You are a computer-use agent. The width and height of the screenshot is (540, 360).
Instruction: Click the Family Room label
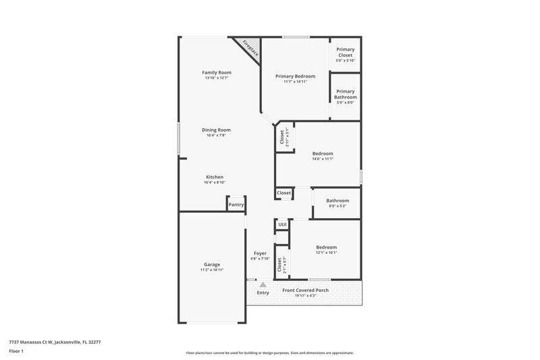point(217,72)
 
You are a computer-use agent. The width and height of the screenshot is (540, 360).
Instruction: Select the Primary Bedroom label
point(295,76)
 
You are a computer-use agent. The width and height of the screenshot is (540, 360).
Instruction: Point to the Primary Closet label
point(345,52)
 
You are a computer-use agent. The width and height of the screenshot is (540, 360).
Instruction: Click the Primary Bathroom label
point(345,94)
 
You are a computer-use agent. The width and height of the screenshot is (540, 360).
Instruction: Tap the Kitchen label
point(214,177)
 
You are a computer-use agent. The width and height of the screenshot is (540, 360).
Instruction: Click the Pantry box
point(236,205)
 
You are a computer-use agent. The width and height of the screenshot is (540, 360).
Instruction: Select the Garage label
point(212,264)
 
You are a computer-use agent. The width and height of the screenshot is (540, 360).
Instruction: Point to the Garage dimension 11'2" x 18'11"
point(212,270)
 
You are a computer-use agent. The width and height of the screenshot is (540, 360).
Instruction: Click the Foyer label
point(260,253)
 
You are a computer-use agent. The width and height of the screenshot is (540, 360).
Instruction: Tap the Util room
point(282,225)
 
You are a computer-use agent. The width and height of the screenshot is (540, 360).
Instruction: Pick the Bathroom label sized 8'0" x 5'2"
point(337,201)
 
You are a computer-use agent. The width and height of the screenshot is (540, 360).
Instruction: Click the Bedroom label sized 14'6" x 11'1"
point(322,153)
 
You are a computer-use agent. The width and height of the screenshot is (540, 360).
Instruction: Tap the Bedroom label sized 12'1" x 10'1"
point(326,247)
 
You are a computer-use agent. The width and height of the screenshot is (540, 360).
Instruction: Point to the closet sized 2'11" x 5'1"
point(282,138)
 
